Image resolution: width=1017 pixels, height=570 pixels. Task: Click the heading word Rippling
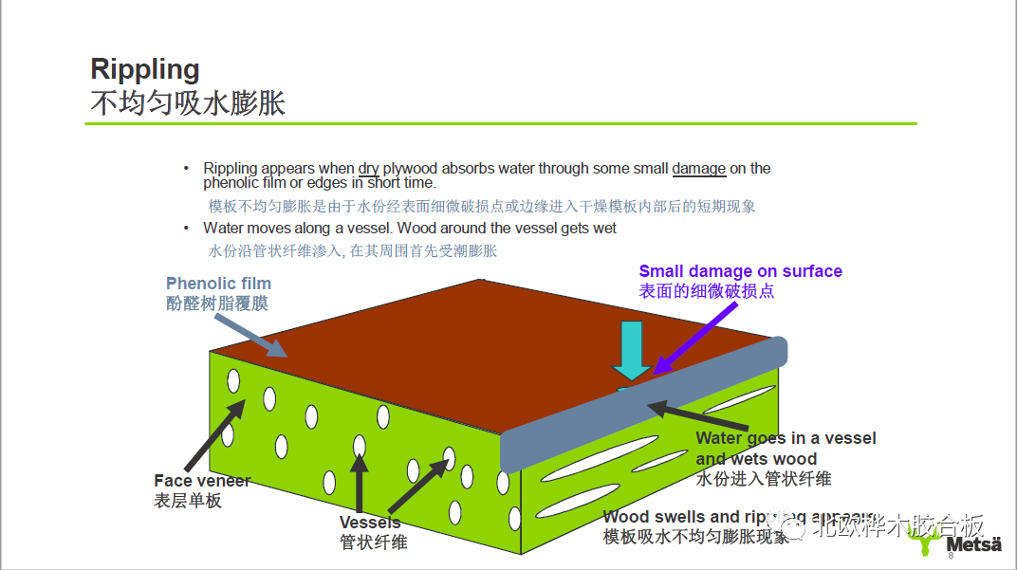[145, 69]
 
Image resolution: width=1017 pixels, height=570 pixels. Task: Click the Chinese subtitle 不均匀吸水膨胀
[188, 102]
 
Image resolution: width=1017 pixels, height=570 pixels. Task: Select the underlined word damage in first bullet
[699, 169]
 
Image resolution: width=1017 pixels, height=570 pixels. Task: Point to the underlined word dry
[369, 169]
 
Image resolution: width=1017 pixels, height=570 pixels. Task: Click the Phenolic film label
[218, 284]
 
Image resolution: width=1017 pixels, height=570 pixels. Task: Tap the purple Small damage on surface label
[740, 272]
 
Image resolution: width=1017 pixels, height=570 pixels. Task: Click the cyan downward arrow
[633, 349]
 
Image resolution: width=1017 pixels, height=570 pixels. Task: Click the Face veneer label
[202, 481]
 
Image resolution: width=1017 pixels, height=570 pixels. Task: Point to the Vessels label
[370, 523]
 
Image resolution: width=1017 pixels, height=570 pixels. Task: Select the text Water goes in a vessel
[786, 438]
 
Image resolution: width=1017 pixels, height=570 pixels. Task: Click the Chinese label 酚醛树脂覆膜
[217, 303]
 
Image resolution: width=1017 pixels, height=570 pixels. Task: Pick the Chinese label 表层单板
[188, 500]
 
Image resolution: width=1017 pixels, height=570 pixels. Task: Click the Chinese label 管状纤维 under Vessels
[373, 542]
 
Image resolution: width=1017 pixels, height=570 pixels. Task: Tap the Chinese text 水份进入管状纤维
[764, 479]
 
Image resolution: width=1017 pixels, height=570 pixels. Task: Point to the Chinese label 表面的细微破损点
[707, 291]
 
